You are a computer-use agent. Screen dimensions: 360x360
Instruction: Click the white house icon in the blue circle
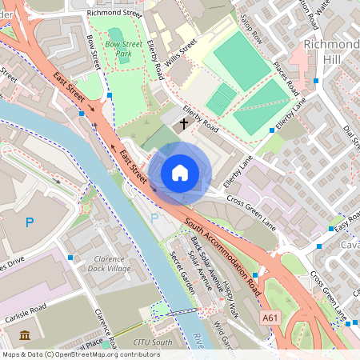[180, 173]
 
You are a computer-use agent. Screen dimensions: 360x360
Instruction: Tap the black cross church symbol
[185, 124]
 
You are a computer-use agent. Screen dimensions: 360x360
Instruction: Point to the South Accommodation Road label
[222, 251]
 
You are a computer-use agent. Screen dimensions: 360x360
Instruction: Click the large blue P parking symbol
[30, 222]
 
